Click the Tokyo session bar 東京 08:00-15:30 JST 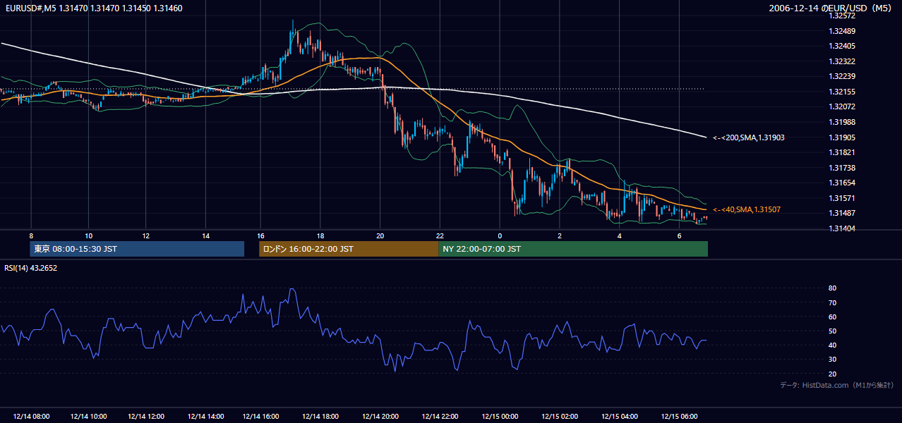click(x=137, y=249)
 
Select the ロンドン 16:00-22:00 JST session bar click(x=349, y=249)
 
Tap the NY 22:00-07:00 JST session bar click(x=573, y=249)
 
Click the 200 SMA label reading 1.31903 click(x=749, y=137)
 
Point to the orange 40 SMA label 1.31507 click(x=747, y=209)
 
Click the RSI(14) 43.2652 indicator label click(x=30, y=268)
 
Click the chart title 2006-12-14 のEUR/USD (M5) click(x=830, y=8)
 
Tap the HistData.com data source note click(x=837, y=385)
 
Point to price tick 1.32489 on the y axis click(x=842, y=31)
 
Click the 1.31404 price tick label click(x=842, y=228)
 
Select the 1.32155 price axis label click(x=842, y=92)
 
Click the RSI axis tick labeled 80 click(x=832, y=288)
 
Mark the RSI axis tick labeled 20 click(x=832, y=374)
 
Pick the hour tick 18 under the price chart click(x=320, y=236)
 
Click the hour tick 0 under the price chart click(x=500, y=236)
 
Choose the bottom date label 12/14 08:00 click(x=32, y=417)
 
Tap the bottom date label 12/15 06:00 click(x=679, y=417)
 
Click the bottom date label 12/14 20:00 click(x=380, y=417)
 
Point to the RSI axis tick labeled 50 click(x=832, y=331)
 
